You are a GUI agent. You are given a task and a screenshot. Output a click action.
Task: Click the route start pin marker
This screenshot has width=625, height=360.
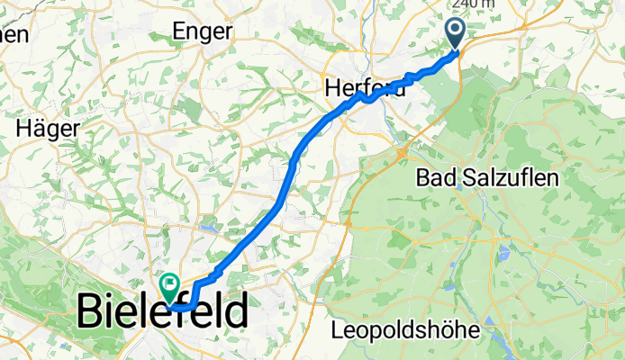455,33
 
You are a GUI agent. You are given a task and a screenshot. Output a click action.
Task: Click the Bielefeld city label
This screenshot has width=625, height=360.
162,312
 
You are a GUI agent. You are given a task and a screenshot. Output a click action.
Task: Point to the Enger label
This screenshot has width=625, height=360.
202,31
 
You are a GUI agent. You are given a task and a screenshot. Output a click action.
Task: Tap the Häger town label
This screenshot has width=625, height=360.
46,128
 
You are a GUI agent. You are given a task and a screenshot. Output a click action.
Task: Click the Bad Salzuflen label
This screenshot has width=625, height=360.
486,178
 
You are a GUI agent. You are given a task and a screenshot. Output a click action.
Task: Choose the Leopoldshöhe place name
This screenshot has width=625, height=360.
404,330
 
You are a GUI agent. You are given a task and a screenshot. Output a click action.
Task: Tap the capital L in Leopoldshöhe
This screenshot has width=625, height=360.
337,330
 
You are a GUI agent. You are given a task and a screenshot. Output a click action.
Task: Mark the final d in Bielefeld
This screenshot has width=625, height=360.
236,312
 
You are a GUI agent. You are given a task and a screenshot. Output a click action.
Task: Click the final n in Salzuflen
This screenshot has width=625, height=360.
552,178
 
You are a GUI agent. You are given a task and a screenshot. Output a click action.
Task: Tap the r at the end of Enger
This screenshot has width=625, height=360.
229,31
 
